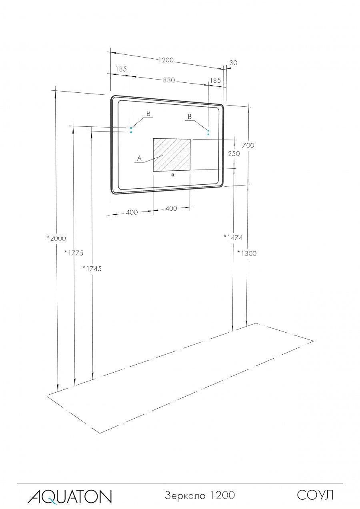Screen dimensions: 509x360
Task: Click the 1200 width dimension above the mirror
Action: (166, 60)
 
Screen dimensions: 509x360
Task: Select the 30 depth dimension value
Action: (234, 63)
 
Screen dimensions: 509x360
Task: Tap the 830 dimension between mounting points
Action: (169, 80)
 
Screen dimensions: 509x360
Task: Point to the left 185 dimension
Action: (121, 69)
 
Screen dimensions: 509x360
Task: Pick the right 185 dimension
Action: (215, 80)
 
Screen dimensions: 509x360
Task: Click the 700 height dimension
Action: (248, 146)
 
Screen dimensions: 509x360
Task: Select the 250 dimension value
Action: (234, 154)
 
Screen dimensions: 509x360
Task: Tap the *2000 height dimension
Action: (56, 238)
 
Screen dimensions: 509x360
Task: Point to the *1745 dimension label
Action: (92, 268)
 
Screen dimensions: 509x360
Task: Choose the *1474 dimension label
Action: (233, 238)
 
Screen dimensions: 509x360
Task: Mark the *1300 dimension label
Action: (247, 253)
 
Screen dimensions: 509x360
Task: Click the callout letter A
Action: (139, 159)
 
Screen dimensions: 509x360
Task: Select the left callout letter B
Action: (148, 114)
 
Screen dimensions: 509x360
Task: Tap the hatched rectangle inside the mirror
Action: (172, 155)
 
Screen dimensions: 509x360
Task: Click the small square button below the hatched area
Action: (172, 175)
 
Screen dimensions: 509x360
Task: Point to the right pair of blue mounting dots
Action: (208, 132)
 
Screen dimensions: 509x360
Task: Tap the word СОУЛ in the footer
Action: (315, 495)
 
